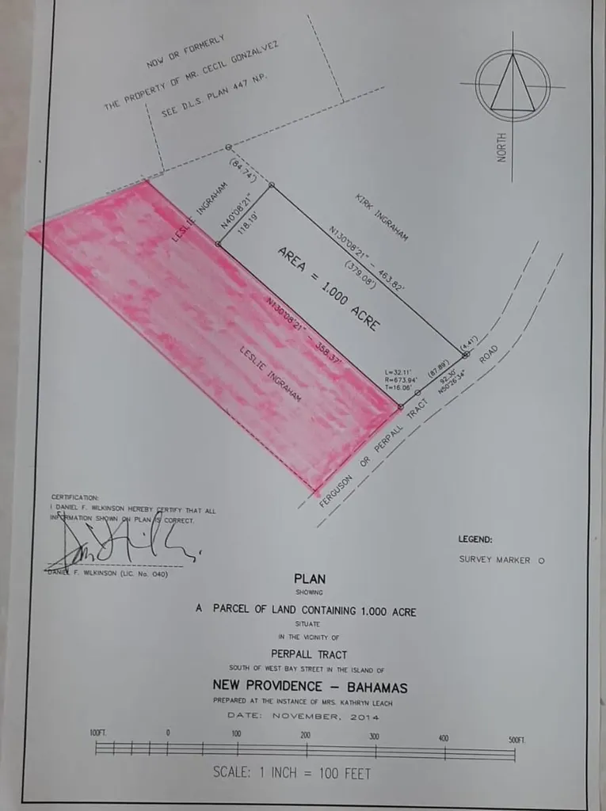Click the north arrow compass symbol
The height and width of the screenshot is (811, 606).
(512, 86)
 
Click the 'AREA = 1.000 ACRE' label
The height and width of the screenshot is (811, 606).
(328, 289)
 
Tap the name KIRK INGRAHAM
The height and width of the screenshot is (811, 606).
(381, 215)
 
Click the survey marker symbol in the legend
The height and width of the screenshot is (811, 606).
(541, 559)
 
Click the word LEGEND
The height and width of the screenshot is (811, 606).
(475, 539)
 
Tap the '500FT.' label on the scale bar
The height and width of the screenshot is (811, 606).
(517, 739)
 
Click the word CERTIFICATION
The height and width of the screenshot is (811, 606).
(75, 497)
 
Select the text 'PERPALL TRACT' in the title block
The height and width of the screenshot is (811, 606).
(308, 654)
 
